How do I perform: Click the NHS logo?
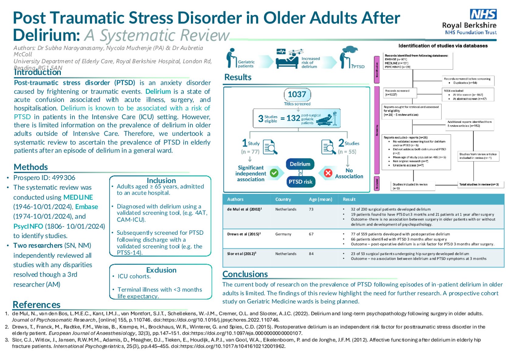click(x=483, y=14)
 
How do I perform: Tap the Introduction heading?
click(x=37, y=72)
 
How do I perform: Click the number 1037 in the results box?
click(x=297, y=94)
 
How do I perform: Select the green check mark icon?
click(x=274, y=173)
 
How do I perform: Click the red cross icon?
click(x=328, y=173)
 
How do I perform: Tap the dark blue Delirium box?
click(x=300, y=164)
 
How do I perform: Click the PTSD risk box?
click(x=300, y=182)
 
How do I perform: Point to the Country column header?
click(x=283, y=199)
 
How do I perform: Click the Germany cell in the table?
click(x=283, y=234)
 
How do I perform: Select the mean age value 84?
click(x=311, y=254)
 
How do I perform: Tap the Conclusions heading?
click(x=245, y=274)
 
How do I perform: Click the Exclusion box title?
click(x=161, y=270)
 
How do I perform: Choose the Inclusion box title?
click(x=161, y=181)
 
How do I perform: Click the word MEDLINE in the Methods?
click(x=78, y=197)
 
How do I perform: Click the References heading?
click(x=36, y=305)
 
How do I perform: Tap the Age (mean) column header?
click(x=321, y=199)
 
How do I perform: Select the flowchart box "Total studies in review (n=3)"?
click(x=479, y=184)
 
